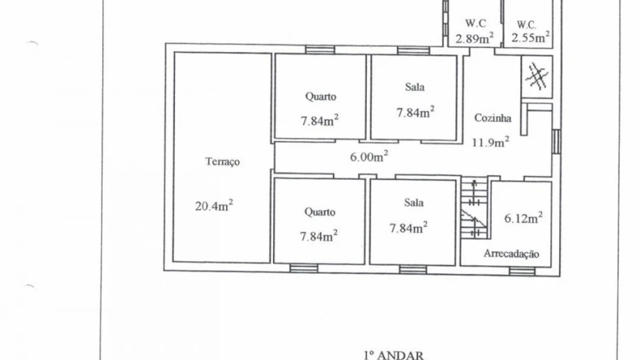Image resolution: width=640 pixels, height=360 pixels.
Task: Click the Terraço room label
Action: click(223, 162)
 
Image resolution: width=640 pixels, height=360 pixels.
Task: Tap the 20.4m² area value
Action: click(214, 205)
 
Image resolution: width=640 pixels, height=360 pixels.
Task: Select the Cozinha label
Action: click(493, 118)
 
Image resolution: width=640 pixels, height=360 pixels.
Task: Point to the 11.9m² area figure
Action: click(490, 142)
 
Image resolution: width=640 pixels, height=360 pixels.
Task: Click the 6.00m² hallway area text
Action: click(368, 156)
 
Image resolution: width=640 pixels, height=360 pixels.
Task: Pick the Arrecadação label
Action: click(511, 253)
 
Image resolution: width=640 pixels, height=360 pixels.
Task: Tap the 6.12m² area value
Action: click(523, 218)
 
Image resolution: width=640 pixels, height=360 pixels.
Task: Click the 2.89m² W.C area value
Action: click(474, 38)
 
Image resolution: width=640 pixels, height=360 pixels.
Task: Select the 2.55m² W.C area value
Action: click(530, 37)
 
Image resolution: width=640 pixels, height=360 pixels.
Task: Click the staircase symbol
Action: click(474, 208)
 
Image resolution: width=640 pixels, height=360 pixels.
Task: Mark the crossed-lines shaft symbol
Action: click(537, 76)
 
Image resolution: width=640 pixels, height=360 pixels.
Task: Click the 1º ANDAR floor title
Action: click(393, 355)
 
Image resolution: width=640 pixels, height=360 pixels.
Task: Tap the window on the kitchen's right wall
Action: click(556, 142)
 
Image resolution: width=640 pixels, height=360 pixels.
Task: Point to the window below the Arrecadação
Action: click(522, 271)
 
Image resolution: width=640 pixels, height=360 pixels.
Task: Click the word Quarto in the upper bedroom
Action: click(321, 97)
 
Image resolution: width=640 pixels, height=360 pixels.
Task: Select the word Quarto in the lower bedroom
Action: click(319, 212)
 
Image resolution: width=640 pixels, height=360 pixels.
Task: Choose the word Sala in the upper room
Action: click(415, 87)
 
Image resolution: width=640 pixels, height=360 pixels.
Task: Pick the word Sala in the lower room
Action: click(414, 203)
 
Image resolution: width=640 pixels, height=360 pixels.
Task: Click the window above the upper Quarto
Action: click(320, 50)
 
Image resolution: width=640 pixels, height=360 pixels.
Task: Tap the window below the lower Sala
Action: click(413, 270)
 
